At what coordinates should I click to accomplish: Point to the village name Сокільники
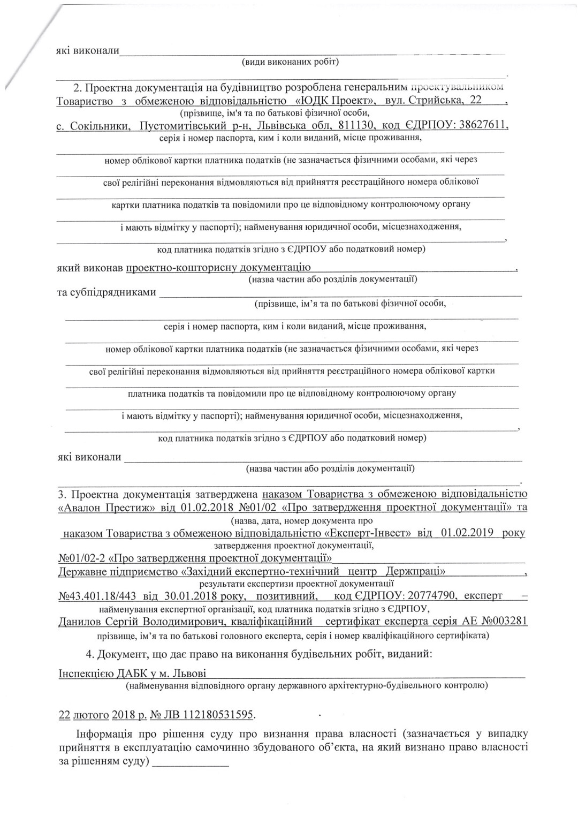pos(101,126)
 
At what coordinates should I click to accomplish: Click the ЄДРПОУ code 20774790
pos(432,596)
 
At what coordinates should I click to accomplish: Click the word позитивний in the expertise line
pos(287,596)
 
